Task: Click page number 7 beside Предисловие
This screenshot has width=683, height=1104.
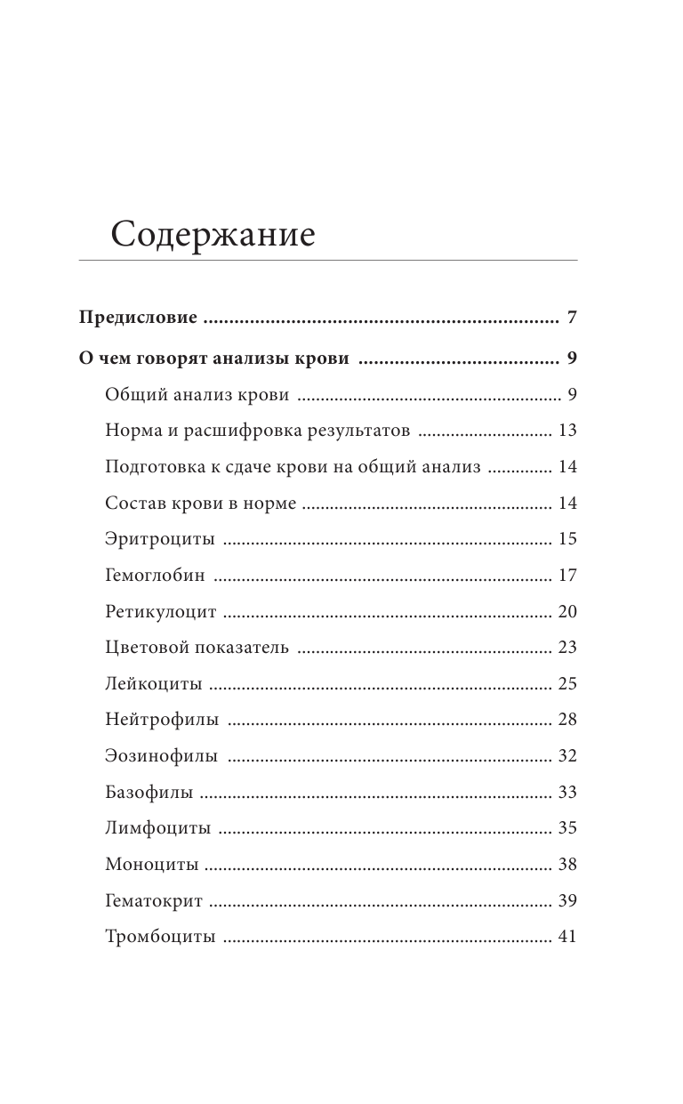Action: [x=572, y=318]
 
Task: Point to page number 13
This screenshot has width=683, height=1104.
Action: [x=567, y=431]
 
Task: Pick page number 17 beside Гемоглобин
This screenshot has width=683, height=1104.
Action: [x=567, y=576]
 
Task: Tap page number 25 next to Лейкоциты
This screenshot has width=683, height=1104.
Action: [x=567, y=684]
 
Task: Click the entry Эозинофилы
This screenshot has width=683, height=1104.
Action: [x=161, y=756]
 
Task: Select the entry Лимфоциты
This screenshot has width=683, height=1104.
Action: [x=157, y=828]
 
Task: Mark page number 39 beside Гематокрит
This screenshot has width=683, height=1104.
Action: [x=567, y=900]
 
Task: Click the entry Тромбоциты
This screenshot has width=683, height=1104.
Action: [x=160, y=937]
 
